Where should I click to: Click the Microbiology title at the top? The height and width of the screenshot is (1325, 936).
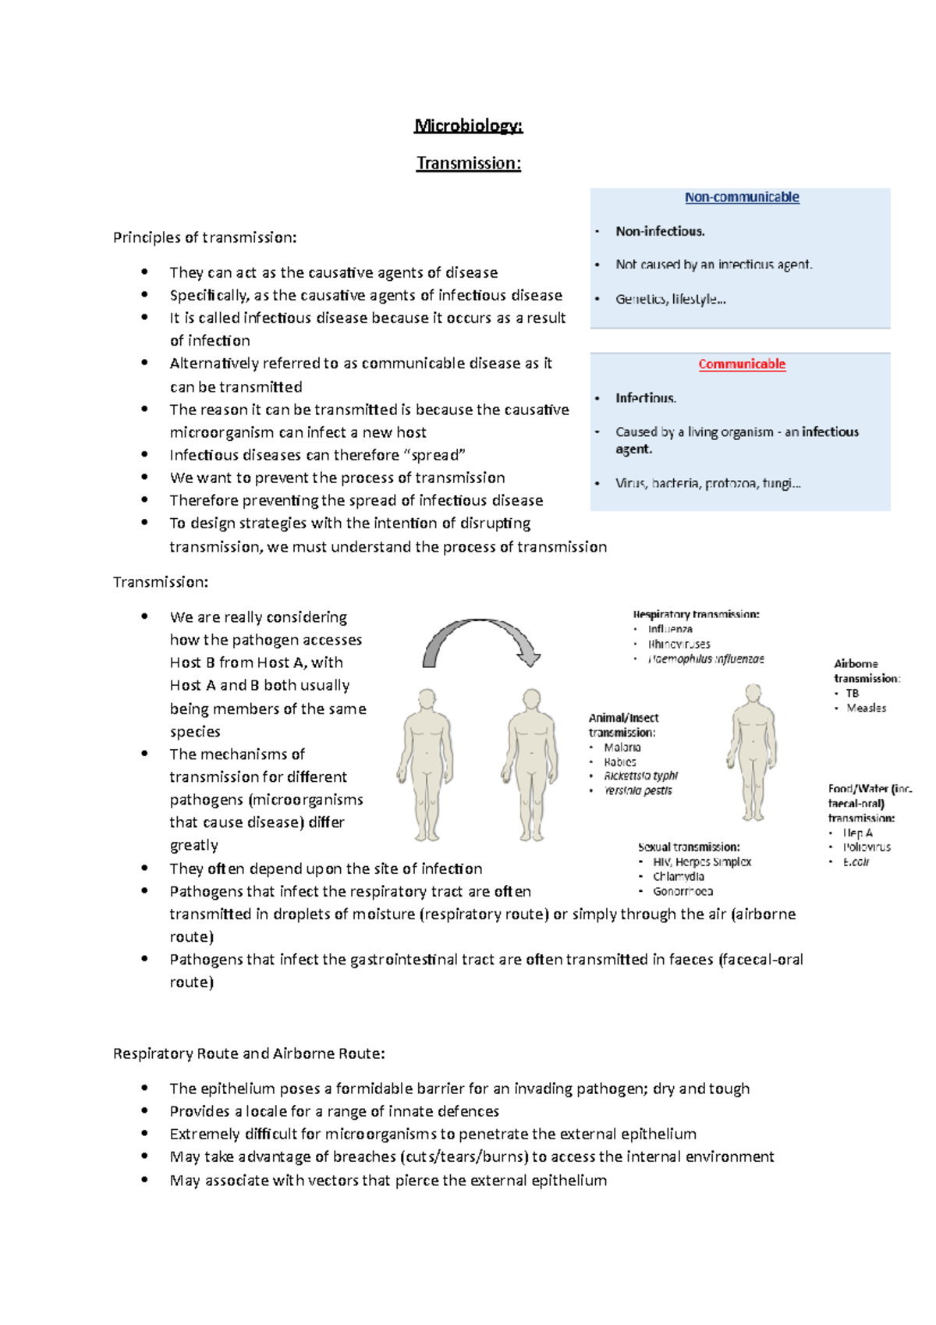(468, 126)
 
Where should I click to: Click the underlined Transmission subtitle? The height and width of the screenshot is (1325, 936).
(468, 163)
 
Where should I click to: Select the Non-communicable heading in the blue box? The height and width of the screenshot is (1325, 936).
(741, 197)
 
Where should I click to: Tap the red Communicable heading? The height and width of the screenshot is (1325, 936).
(741, 364)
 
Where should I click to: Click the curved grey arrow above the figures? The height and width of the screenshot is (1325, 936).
(480, 636)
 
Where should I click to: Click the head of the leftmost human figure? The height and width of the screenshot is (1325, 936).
(427, 698)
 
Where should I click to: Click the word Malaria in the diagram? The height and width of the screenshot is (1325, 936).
(622, 748)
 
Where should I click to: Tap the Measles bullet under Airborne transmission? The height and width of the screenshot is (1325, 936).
(866, 709)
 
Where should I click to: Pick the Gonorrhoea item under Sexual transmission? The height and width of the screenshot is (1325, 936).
(682, 891)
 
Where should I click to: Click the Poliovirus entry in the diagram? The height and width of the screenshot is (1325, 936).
(866, 847)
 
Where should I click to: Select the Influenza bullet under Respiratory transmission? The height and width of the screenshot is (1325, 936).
(670, 629)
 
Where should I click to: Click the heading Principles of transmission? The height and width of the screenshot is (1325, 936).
(204, 237)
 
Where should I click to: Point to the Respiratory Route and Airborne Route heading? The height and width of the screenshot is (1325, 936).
(249, 1053)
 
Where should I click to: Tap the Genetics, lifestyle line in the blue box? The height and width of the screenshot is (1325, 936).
(670, 299)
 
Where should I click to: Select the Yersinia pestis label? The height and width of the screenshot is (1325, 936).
(637, 790)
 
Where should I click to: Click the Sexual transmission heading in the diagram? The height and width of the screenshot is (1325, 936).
(689, 847)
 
